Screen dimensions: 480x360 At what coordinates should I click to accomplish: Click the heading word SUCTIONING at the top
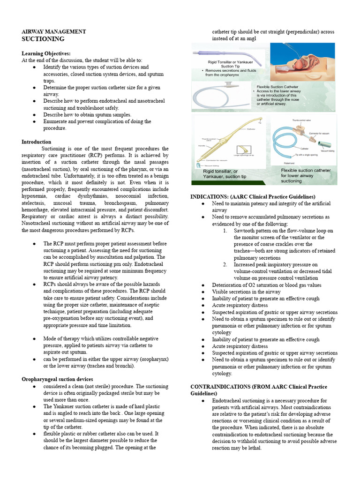pos(43,39)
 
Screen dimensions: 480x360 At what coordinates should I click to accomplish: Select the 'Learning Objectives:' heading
pos(46,53)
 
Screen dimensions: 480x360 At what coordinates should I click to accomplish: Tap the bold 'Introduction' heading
pos(37,142)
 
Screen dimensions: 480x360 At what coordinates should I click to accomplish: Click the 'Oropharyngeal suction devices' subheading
pos(57,379)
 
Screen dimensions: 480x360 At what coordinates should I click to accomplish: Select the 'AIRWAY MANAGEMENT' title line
pos(53,31)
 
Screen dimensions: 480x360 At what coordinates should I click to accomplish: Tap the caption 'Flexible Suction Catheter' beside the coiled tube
pos(284,87)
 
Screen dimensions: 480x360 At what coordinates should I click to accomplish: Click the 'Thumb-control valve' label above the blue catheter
pos(302,120)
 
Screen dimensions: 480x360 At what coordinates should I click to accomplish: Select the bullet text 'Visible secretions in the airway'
pos(246,292)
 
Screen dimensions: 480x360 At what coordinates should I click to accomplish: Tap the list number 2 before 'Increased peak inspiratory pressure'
pos(225,264)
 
